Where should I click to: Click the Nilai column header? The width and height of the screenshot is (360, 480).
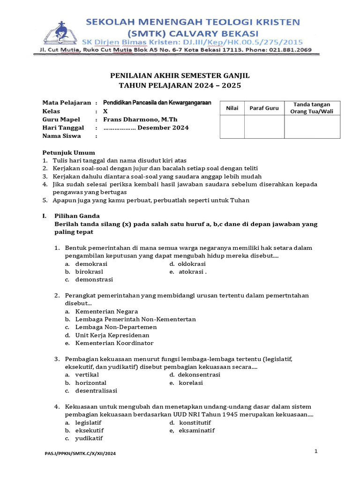[x=232, y=108]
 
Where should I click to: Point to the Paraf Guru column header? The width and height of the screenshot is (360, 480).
[x=264, y=108]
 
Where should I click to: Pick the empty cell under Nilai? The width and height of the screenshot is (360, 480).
[x=232, y=127]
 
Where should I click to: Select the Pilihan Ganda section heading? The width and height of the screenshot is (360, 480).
[x=77, y=216]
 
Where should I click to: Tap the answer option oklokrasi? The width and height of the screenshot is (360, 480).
[x=192, y=264]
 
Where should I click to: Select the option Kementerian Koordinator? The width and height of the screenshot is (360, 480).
[x=114, y=343]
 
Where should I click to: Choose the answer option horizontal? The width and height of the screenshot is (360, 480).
[x=90, y=383]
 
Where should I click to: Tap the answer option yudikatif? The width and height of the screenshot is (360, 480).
[x=89, y=439]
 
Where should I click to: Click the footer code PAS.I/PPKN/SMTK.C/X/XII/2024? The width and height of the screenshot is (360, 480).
[x=80, y=454]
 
